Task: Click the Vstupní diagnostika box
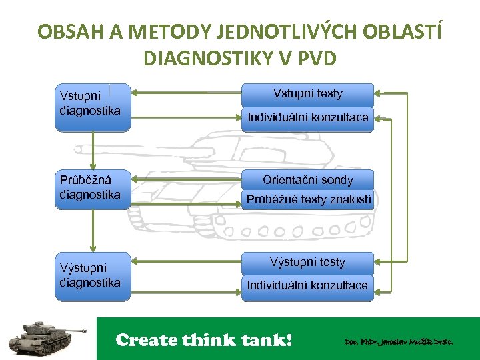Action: coord(93,107)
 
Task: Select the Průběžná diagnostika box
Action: coord(93,190)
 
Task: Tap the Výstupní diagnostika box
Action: coord(93,273)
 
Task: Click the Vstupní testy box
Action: coord(307,94)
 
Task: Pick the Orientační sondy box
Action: coord(307,180)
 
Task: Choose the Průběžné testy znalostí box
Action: coord(307,199)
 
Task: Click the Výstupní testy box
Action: coord(307,262)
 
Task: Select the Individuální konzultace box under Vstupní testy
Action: coord(307,118)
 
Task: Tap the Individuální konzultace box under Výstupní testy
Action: coord(307,285)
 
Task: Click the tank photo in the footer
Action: coord(48,337)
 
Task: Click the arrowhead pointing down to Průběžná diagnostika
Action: coord(93,166)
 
